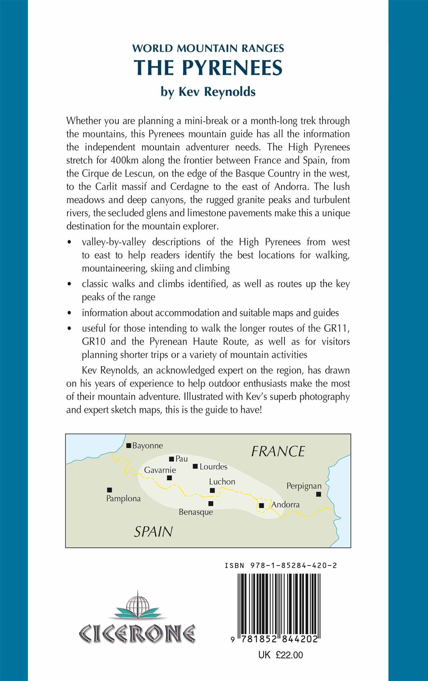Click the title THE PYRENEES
tap(208, 68)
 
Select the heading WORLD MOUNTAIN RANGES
tap(208, 48)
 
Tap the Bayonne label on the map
tap(147, 446)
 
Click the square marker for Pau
tap(171, 459)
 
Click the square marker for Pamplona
tap(109, 490)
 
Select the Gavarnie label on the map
tap(160, 470)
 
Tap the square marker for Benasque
tap(211, 503)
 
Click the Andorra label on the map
tap(285, 505)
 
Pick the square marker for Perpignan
tap(319, 494)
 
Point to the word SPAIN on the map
tap(154, 532)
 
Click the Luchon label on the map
tap(222, 482)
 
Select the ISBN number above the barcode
tap(281, 565)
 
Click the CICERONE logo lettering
tap(137, 633)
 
